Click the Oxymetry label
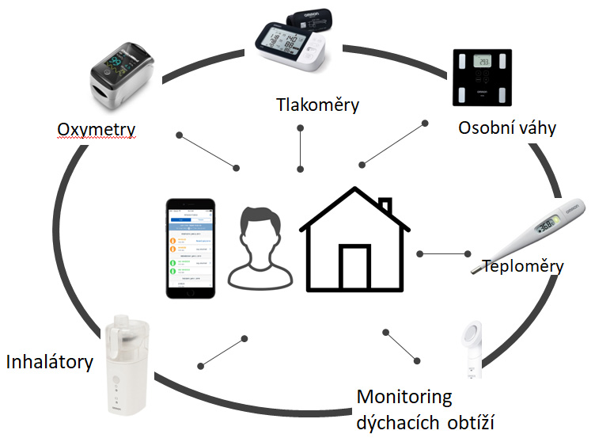(96, 129)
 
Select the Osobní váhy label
(507, 128)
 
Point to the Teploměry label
(522, 266)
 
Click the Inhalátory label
(50, 363)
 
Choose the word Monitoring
(404, 396)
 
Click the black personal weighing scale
(481, 78)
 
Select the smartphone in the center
(190, 248)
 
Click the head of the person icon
(260, 230)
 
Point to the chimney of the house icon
(385, 208)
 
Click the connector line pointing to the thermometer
(443, 253)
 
